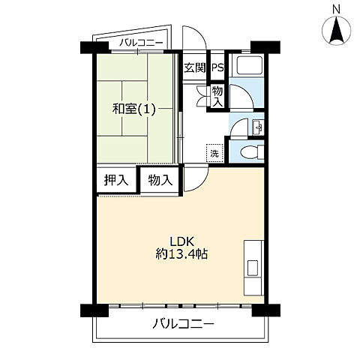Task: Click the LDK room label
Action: [x=182, y=241]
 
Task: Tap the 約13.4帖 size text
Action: [x=181, y=254]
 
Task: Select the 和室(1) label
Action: [x=134, y=109]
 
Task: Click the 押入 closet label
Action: [x=116, y=180]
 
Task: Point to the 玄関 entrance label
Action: [x=195, y=67]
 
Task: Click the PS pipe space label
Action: [x=217, y=67]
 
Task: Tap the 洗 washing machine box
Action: [x=214, y=153]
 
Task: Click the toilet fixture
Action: [x=252, y=151]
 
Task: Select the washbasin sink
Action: [x=258, y=127]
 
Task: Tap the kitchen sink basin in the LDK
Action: [x=253, y=268]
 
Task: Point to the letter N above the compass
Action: [x=337, y=9]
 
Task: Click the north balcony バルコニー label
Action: [x=141, y=43]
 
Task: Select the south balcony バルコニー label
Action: [x=184, y=324]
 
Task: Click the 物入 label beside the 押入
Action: [x=160, y=180]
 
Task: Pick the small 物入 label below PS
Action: [x=217, y=97]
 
